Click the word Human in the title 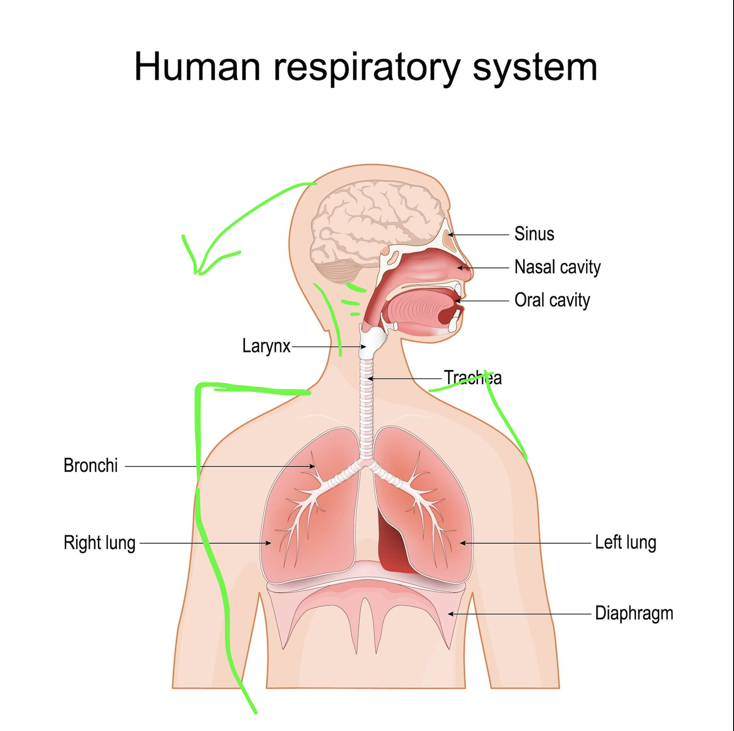[x=197, y=67]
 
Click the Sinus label [x=534, y=234]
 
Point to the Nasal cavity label [x=557, y=267]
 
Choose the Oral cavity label [x=552, y=300]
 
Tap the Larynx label [x=266, y=346]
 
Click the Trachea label [x=473, y=378]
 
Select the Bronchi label [x=90, y=465]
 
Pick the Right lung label [x=100, y=543]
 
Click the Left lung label [x=626, y=543]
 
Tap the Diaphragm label [x=634, y=613]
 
